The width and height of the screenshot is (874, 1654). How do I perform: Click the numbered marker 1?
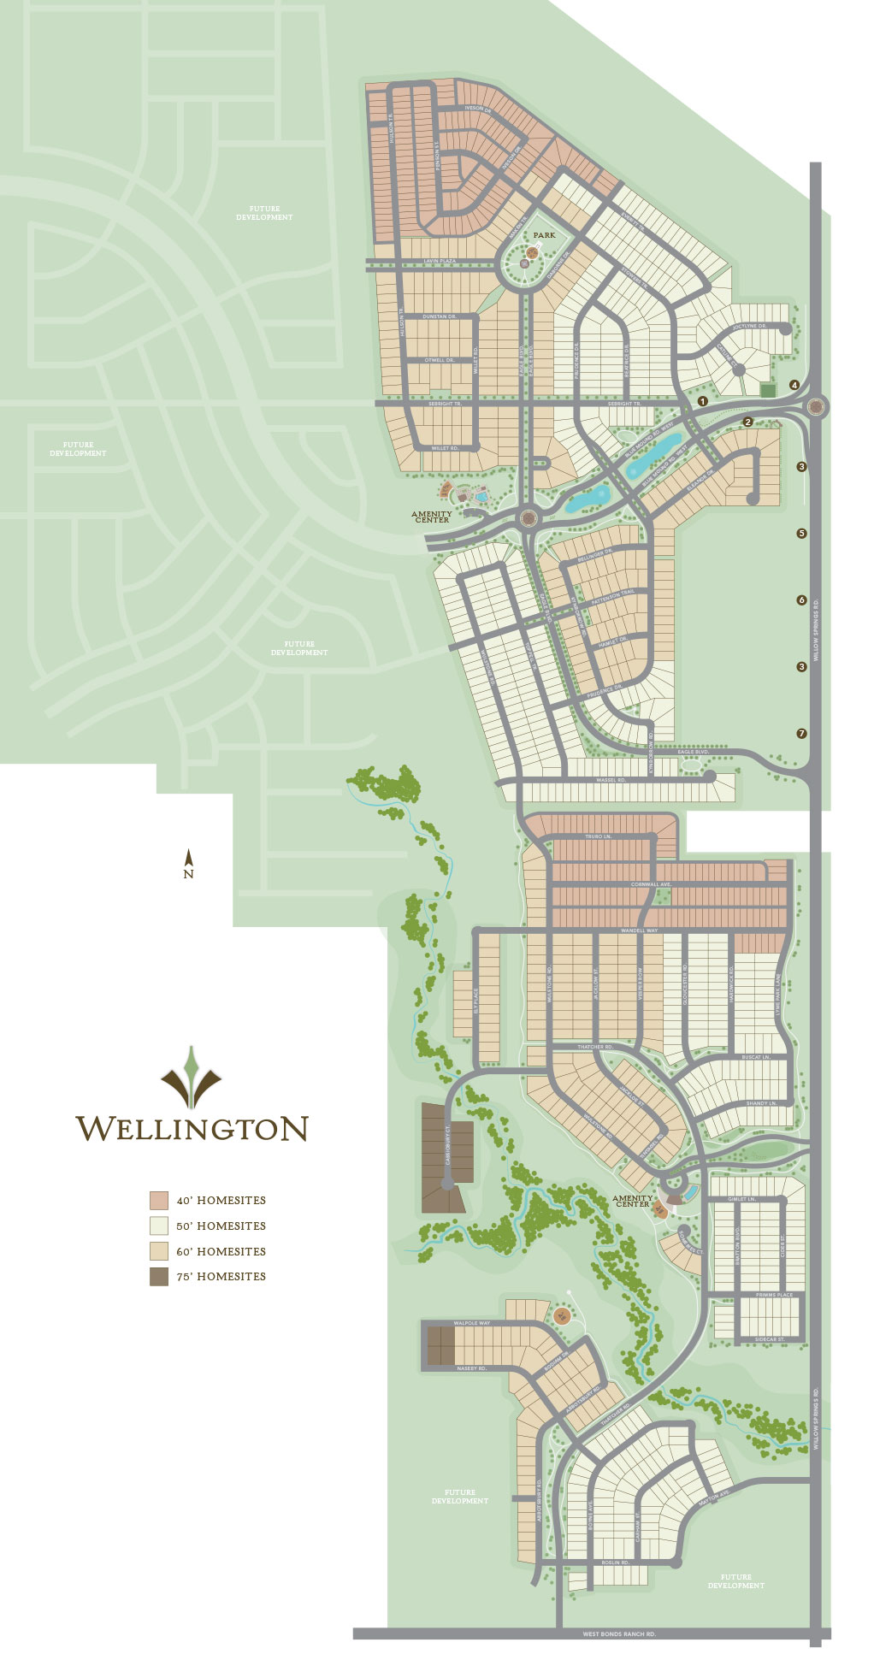[x=703, y=400]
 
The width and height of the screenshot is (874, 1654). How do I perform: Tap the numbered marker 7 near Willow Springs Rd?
[x=801, y=733]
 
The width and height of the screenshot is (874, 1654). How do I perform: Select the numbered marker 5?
[x=801, y=533]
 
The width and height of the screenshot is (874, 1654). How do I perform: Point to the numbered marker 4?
[x=794, y=385]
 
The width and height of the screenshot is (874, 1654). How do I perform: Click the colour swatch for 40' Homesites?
[x=159, y=1200]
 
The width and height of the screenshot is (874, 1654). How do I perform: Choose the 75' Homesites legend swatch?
[x=159, y=1277]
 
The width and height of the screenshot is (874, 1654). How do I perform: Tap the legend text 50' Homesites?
[x=221, y=1226]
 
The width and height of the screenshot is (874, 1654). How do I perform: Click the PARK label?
[x=544, y=234]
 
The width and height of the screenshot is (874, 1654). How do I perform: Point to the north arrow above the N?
[x=189, y=856]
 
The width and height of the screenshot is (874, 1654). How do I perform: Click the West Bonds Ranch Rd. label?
[x=619, y=1634]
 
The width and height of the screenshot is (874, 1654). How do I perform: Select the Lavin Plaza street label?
[x=440, y=261]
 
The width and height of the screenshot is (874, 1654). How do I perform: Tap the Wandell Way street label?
[x=639, y=930]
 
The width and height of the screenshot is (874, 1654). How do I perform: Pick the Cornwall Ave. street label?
[x=652, y=884]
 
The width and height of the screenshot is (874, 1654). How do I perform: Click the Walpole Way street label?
[x=472, y=1323]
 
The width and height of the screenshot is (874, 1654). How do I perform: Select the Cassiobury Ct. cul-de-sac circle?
[x=446, y=1183]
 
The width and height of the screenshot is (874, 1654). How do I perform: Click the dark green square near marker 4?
[x=768, y=390]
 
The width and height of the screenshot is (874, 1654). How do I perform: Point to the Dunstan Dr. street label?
[x=440, y=316]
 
